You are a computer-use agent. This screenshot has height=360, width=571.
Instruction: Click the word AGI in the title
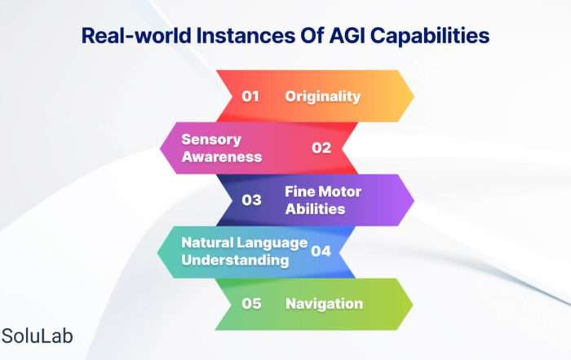point(347,36)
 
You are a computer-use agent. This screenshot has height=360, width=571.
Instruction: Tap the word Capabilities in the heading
point(430,37)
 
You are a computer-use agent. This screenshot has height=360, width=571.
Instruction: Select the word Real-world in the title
point(136,36)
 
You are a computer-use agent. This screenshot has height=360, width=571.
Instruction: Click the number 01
point(250,96)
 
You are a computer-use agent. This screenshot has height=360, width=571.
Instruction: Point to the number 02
point(321,148)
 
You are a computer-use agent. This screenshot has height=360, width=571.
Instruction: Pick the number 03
point(251,200)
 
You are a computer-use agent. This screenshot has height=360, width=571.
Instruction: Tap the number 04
point(321,251)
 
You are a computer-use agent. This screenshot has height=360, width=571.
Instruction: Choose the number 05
point(251,304)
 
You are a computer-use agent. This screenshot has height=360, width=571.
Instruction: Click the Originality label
point(323,96)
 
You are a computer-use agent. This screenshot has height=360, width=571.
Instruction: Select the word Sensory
point(211,140)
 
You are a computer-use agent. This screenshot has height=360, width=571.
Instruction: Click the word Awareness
point(222,157)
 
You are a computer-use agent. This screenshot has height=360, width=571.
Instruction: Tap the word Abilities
point(315,209)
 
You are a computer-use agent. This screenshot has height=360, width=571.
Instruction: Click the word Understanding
point(235,260)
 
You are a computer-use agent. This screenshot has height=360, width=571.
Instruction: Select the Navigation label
point(324,304)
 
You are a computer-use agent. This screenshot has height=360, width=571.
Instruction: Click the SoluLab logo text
point(38,336)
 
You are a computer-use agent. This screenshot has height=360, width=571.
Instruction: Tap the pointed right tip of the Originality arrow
point(414,96)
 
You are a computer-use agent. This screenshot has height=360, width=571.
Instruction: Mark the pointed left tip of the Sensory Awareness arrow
point(160,148)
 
